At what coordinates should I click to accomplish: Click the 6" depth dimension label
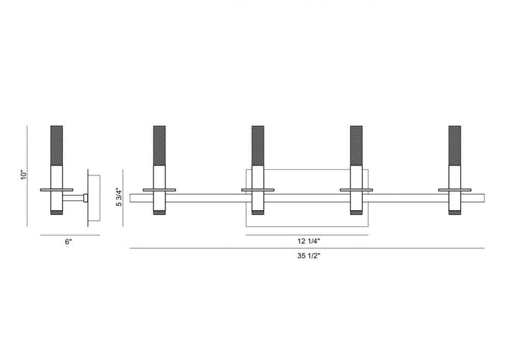[x=68, y=242]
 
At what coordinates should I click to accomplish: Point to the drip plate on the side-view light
[x=57, y=190]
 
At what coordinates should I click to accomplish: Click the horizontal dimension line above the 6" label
[x=68, y=234]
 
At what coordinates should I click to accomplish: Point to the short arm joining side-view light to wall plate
[x=76, y=197]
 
